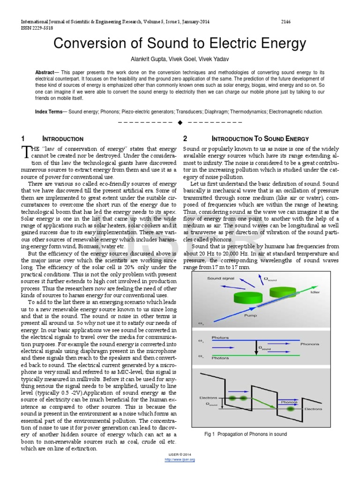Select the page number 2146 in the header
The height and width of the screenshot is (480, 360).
286,22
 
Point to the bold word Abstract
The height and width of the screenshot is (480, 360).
45,73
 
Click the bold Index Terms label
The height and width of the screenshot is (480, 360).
51,112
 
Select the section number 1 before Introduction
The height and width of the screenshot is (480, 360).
22,139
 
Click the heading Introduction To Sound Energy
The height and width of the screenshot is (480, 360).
260,139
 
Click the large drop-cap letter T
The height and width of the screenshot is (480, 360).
26,151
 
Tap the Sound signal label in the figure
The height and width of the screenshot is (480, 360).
221,278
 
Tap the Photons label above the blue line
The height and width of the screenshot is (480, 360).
220,337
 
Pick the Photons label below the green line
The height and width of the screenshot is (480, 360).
220,358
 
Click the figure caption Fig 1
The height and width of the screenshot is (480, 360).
245,434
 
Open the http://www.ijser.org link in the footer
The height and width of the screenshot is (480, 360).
180,459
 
